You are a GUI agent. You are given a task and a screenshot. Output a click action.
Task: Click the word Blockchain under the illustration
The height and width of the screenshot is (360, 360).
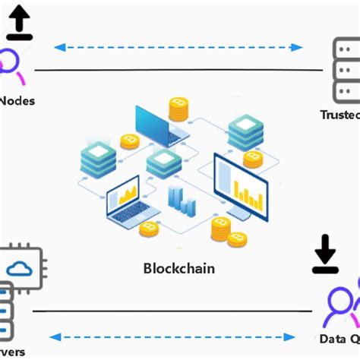point(179,268)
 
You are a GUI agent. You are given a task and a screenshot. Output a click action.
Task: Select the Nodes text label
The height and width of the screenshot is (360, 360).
point(17,100)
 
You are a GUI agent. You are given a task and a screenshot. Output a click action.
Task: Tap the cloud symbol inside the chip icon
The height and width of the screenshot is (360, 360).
point(19,267)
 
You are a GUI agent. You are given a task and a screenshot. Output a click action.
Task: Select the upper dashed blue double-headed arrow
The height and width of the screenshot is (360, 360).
point(179,47)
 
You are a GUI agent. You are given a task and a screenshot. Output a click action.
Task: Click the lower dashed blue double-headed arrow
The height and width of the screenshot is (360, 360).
point(173,336)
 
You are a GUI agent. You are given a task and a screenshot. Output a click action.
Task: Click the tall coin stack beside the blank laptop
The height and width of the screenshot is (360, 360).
point(178,109)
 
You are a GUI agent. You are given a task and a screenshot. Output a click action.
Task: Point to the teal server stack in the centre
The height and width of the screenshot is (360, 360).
point(164,163)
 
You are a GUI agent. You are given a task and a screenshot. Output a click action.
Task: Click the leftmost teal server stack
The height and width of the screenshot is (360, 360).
point(99,160)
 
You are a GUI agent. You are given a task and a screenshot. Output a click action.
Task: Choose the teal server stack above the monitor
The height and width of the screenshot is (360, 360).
point(245,131)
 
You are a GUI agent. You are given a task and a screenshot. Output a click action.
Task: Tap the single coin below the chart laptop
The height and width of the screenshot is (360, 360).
point(149,229)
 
